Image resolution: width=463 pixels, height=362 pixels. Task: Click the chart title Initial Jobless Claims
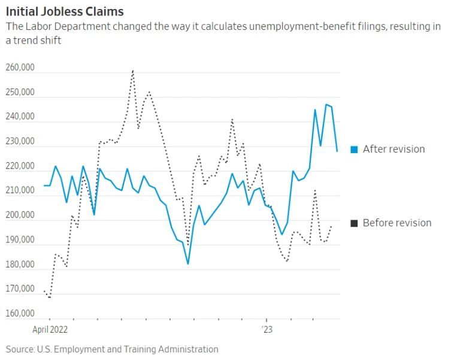(x=65, y=11)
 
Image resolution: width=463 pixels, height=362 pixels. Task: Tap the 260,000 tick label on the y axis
(x=19, y=68)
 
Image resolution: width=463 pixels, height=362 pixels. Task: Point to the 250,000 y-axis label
(x=19, y=93)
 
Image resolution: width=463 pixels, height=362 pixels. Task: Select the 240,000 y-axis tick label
(x=19, y=117)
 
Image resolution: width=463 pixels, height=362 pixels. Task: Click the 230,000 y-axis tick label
(x=19, y=142)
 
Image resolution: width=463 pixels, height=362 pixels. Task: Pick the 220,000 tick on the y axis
(x=19, y=166)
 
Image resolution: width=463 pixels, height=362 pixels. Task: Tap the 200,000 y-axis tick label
(x=19, y=215)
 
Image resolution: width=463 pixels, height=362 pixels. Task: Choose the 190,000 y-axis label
(x=19, y=240)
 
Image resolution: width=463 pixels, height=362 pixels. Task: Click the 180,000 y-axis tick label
(x=19, y=264)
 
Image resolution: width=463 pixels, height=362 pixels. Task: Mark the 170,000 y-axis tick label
(x=19, y=289)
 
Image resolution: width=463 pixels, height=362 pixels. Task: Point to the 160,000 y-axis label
(x=19, y=314)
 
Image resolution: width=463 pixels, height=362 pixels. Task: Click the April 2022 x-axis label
(x=50, y=329)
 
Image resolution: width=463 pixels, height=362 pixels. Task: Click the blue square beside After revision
(x=354, y=150)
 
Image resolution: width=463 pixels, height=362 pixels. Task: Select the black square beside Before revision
(x=354, y=223)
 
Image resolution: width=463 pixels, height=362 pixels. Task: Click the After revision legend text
(x=394, y=150)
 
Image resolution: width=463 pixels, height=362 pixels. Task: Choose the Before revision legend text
(x=397, y=223)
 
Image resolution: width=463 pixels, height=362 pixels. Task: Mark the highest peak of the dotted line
(x=132, y=71)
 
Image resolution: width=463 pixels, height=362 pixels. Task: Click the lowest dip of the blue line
(x=187, y=263)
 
